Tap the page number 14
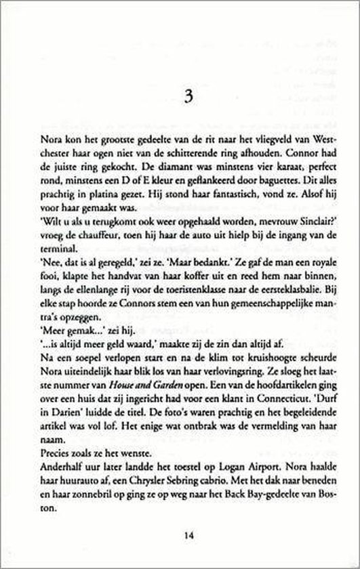(180, 534)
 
